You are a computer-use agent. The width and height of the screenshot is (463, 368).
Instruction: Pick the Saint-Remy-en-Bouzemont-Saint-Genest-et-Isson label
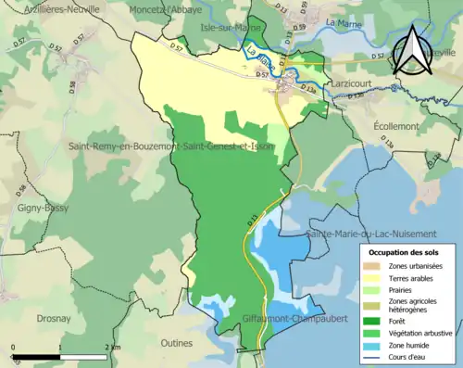tap(170, 146)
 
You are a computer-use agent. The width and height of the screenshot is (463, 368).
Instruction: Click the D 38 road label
tap(71, 88)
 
